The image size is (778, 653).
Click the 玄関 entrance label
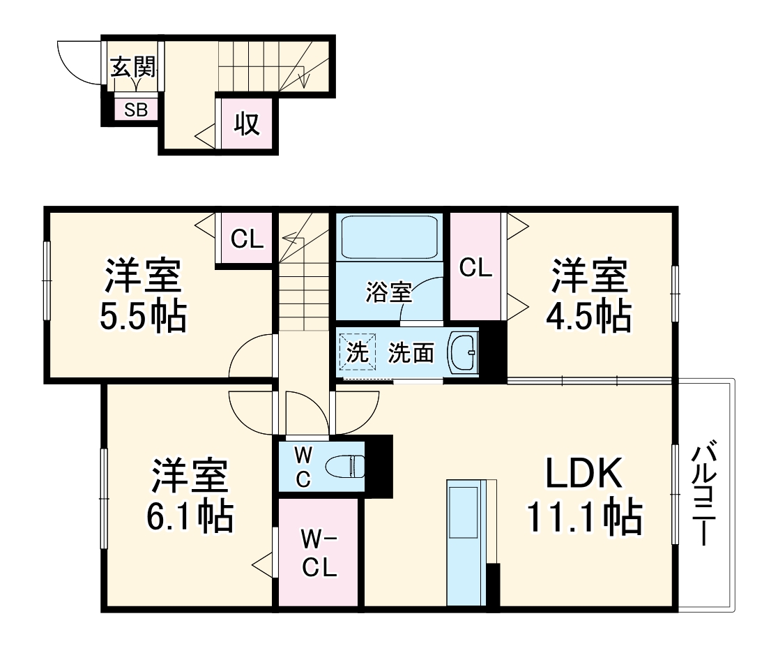coord(133,68)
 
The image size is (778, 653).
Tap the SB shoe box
coord(137,110)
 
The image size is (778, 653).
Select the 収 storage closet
coord(246,123)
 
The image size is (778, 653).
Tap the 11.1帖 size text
coord(583,517)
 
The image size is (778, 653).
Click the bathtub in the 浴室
coord(388,236)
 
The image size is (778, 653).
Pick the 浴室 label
coord(388,292)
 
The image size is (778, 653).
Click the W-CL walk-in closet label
coord(319,553)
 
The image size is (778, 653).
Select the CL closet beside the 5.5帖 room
coord(247,239)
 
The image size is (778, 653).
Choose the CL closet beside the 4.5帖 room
coord(475,267)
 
